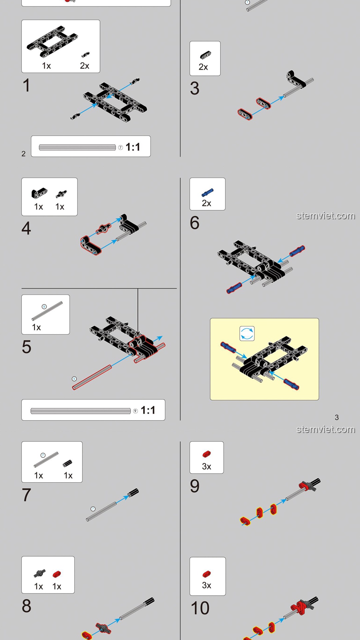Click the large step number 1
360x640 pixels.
pos(27,85)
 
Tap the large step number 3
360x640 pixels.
pos(195,88)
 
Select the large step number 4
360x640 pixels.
pos(26,228)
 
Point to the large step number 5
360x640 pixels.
pos(27,347)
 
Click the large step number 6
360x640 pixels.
pos(195,223)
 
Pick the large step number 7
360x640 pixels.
pos(27,495)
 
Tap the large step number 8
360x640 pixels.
pos(27,606)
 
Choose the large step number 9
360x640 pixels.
pos(195,486)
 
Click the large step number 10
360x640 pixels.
pos(200,608)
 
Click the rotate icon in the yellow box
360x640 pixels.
pos(247,334)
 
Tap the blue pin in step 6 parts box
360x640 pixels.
pos(207,192)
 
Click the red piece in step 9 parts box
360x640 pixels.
pos(207,454)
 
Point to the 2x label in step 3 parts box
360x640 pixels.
pos(203,67)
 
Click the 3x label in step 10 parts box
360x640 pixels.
pos(207,585)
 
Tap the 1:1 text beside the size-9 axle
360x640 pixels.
pos(148,410)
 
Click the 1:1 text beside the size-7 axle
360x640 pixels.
pos(133,147)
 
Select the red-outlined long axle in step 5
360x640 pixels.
pos(92,377)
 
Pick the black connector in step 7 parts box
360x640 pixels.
pos(67,463)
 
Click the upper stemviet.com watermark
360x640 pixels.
pos(326,216)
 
